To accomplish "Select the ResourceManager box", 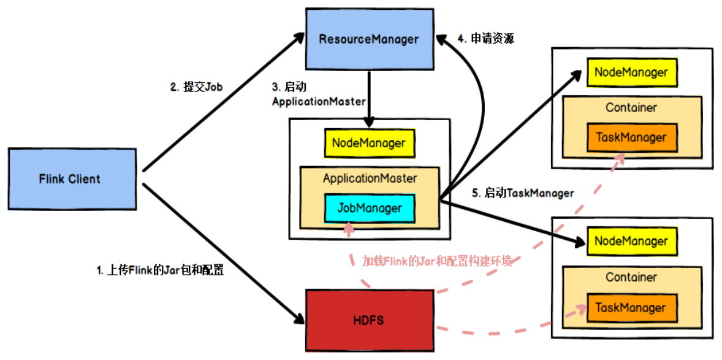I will coord(368,39).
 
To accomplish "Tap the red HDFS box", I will coord(368,320).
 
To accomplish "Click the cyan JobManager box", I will coord(369,209).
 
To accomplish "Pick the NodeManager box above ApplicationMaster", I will coord(369,143).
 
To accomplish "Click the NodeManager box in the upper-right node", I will coord(631,72).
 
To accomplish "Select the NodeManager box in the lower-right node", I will coord(631,242).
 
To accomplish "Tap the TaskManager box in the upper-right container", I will coord(631,137).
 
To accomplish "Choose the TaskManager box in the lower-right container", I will coord(631,308).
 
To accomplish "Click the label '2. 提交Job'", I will coord(196,87).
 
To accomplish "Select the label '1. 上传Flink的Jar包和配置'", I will coord(160,269).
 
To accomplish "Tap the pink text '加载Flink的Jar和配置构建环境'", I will coord(436,261).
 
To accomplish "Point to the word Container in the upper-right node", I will coord(631,108).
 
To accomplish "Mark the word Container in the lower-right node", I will coord(631,277).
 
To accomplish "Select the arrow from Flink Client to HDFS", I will coord(224,251).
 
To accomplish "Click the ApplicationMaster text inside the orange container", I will coord(370,178).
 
